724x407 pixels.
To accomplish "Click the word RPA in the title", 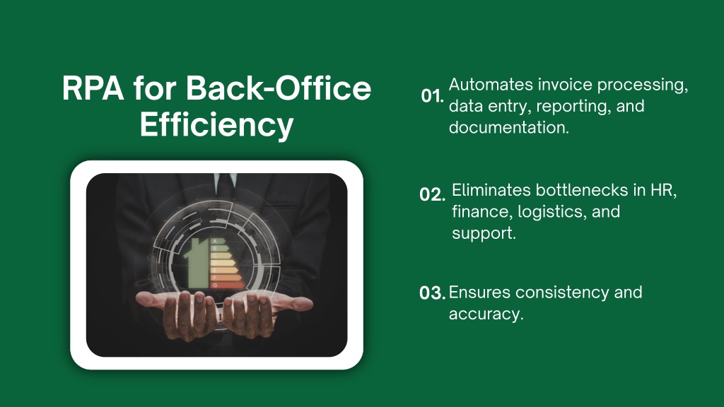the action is [93, 88].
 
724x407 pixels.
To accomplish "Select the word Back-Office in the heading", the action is [279, 88].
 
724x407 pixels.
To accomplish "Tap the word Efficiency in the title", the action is [216, 124].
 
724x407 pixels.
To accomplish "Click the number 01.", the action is [432, 96].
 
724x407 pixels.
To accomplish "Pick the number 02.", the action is [432, 194].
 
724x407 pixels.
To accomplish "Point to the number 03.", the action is [432, 293].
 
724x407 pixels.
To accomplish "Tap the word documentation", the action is [509, 127].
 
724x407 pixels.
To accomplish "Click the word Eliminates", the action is [491, 190].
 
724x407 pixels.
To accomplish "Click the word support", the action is [484, 233].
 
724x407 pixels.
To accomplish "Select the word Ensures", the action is [479, 292].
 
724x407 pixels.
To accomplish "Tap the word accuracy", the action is [486, 314].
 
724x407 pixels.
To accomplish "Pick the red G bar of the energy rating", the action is [228, 285].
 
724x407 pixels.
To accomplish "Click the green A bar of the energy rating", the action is [218, 241].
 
